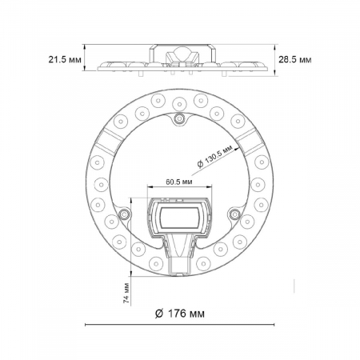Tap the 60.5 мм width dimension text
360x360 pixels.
tap(178, 182)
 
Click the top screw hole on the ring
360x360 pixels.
tap(179, 119)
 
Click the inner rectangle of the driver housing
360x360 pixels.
tap(179, 215)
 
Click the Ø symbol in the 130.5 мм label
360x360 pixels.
tap(198, 163)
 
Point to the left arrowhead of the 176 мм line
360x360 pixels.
tap(87, 326)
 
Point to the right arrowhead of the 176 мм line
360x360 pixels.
tap(271, 326)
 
